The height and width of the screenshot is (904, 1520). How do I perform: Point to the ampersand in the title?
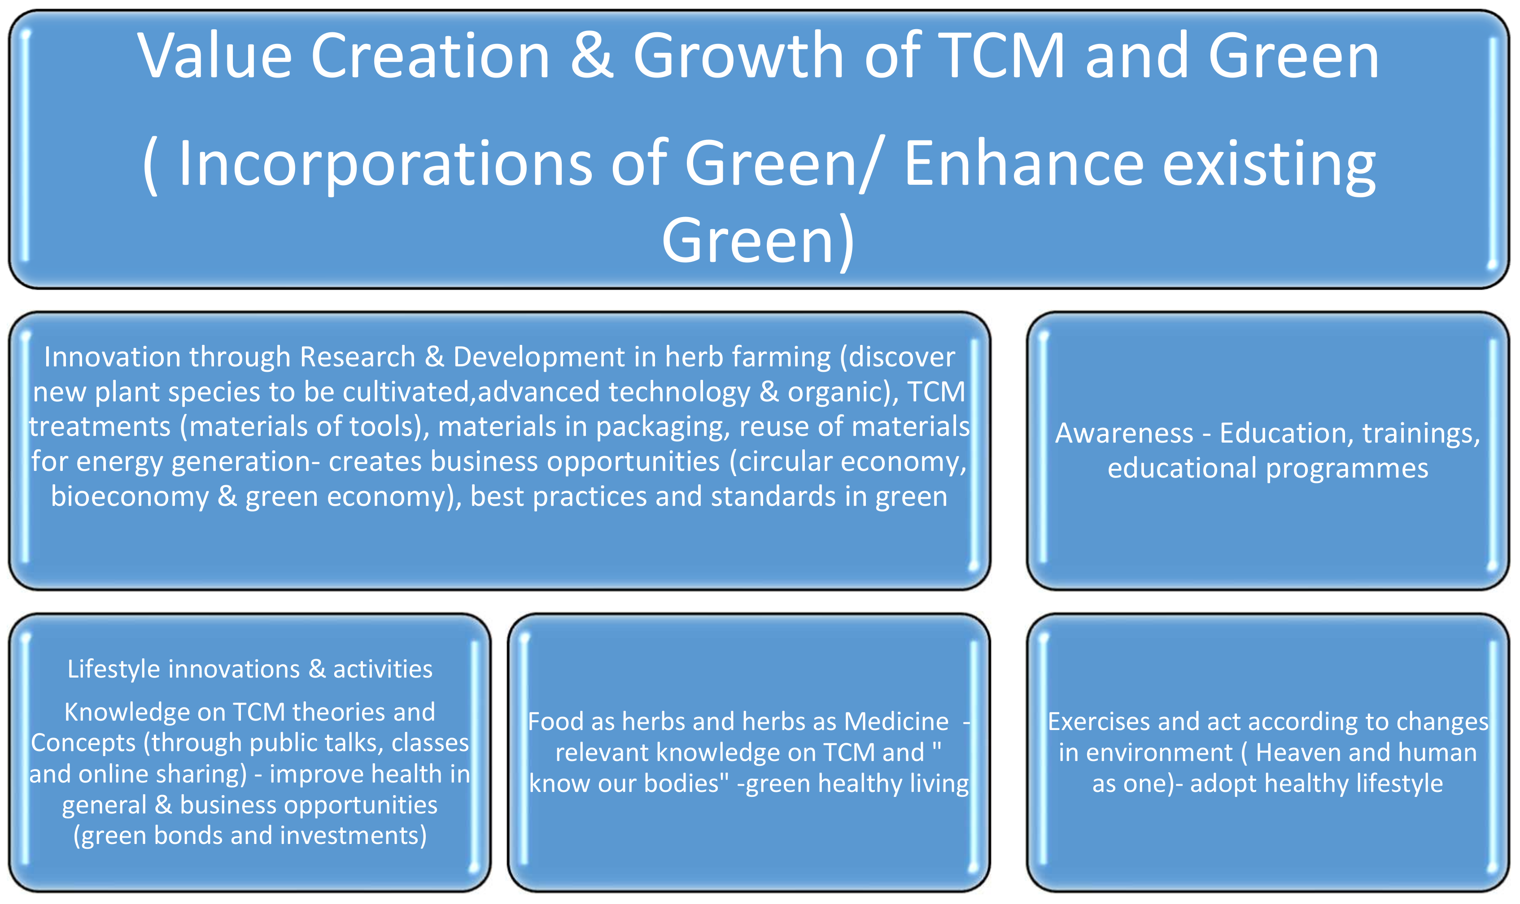[x=592, y=56]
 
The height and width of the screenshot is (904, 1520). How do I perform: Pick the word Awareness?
[x=1124, y=434]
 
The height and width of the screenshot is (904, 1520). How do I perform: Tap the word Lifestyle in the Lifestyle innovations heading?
[x=114, y=669]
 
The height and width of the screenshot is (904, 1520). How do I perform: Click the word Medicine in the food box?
[x=896, y=722]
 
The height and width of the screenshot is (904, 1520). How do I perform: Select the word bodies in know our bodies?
[x=686, y=784]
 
